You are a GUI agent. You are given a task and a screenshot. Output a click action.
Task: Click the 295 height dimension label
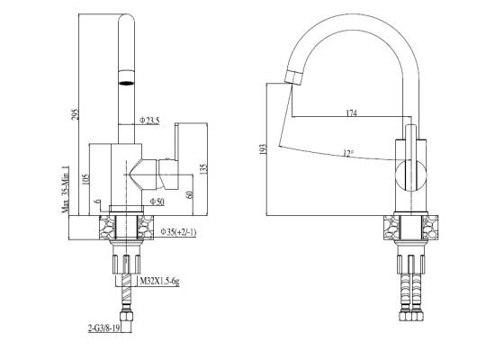(75, 114)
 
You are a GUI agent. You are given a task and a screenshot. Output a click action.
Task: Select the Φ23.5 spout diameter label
(150, 120)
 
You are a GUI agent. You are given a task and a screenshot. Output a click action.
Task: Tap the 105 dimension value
(86, 179)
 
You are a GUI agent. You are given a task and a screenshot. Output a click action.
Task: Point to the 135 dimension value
(204, 168)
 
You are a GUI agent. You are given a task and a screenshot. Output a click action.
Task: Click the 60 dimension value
(189, 194)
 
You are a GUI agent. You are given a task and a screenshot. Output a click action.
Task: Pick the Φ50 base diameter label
(157, 202)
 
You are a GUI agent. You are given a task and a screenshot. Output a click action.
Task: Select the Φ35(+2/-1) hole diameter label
(178, 232)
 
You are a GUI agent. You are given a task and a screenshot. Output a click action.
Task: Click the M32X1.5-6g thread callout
(159, 281)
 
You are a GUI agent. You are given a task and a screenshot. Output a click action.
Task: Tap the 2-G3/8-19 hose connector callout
(103, 328)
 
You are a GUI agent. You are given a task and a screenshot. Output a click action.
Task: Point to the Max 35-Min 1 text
(66, 189)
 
